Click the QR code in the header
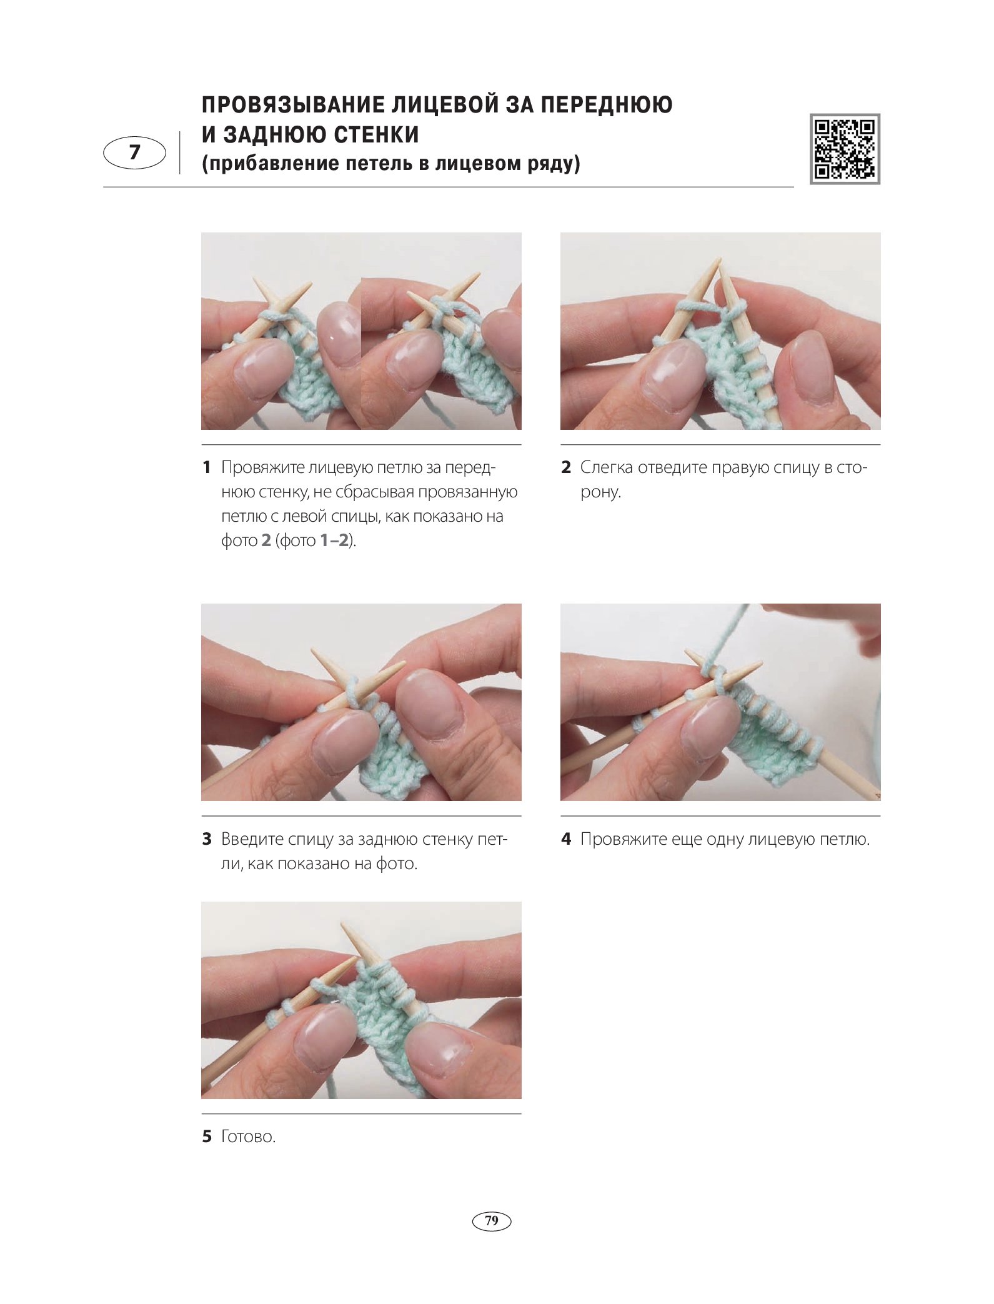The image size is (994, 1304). (845, 149)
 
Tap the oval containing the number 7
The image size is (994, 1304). (134, 152)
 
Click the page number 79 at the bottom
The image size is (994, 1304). (492, 1220)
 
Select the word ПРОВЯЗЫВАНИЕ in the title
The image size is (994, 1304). (293, 104)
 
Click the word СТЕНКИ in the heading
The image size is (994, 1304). (376, 134)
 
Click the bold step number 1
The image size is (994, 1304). (207, 467)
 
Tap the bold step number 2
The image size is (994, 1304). (566, 467)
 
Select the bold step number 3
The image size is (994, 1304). (207, 839)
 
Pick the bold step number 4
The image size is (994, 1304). (566, 839)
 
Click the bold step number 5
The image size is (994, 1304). (207, 1136)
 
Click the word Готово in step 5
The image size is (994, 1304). (246, 1136)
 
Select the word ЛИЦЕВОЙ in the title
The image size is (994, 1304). (445, 104)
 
